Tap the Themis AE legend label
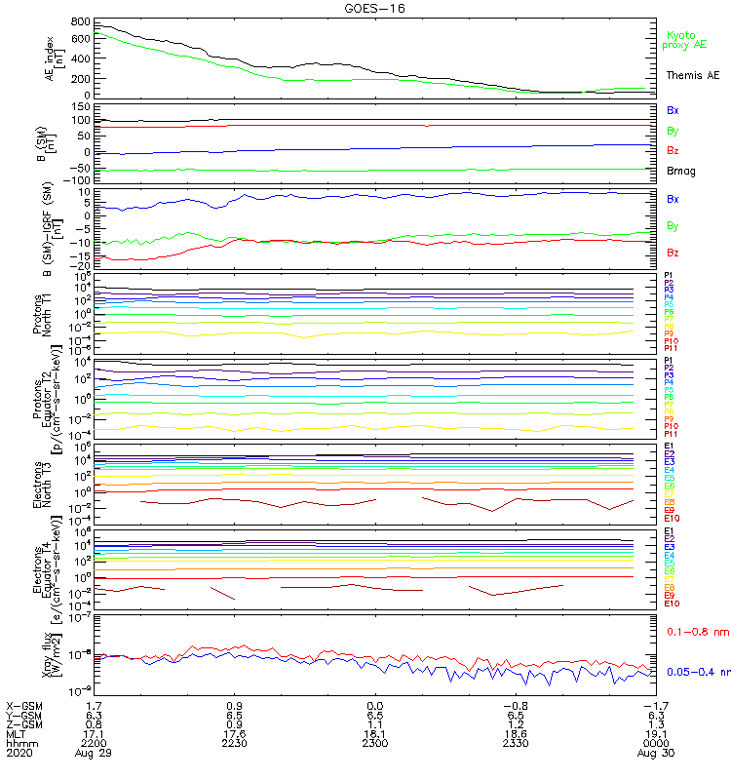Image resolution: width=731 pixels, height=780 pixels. click(693, 75)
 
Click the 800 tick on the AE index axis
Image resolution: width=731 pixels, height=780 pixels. click(81, 21)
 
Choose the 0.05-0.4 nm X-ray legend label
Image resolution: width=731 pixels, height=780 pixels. click(697, 672)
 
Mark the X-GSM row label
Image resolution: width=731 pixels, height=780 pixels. click(24, 704)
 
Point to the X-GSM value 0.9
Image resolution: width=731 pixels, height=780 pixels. click(235, 704)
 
